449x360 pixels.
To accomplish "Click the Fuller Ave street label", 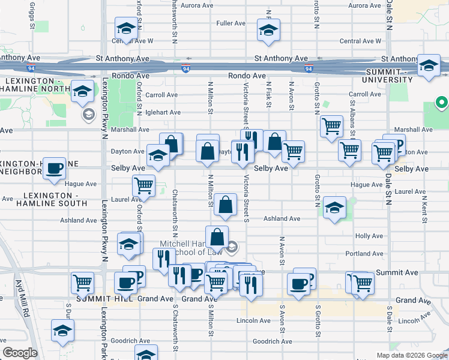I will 231,23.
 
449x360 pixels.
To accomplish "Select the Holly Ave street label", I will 369,236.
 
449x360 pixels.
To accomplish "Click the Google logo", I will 20,353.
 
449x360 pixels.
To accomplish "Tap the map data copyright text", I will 411,355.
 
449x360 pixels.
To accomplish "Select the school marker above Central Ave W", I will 126,28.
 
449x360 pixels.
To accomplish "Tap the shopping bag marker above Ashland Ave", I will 225,205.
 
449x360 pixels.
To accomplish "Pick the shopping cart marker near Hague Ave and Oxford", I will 143,186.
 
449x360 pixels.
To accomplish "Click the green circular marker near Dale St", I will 441,103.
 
